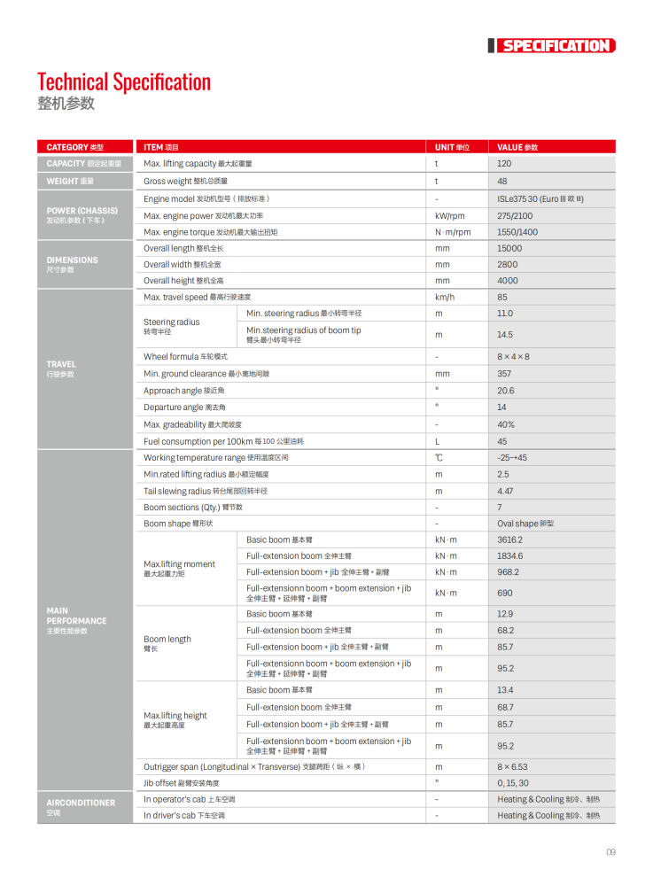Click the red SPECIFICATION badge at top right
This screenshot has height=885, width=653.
coord(555,46)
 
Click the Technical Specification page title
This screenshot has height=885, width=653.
coord(124,82)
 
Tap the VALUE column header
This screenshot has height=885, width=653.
coord(517,147)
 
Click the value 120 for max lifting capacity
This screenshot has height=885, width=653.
coord(504,164)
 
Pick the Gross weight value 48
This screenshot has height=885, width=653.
coord(502,181)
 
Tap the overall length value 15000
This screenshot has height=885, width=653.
coord(509,248)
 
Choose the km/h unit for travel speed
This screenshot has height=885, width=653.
coord(445,297)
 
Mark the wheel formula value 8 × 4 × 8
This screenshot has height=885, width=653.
coord(513,357)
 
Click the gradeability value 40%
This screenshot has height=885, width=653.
coord(506,424)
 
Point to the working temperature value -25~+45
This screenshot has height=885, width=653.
coord(512,458)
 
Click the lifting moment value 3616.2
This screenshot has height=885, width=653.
coord(510,540)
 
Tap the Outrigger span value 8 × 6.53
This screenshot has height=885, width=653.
coord(512,766)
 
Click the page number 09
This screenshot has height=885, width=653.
coord(610,852)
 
